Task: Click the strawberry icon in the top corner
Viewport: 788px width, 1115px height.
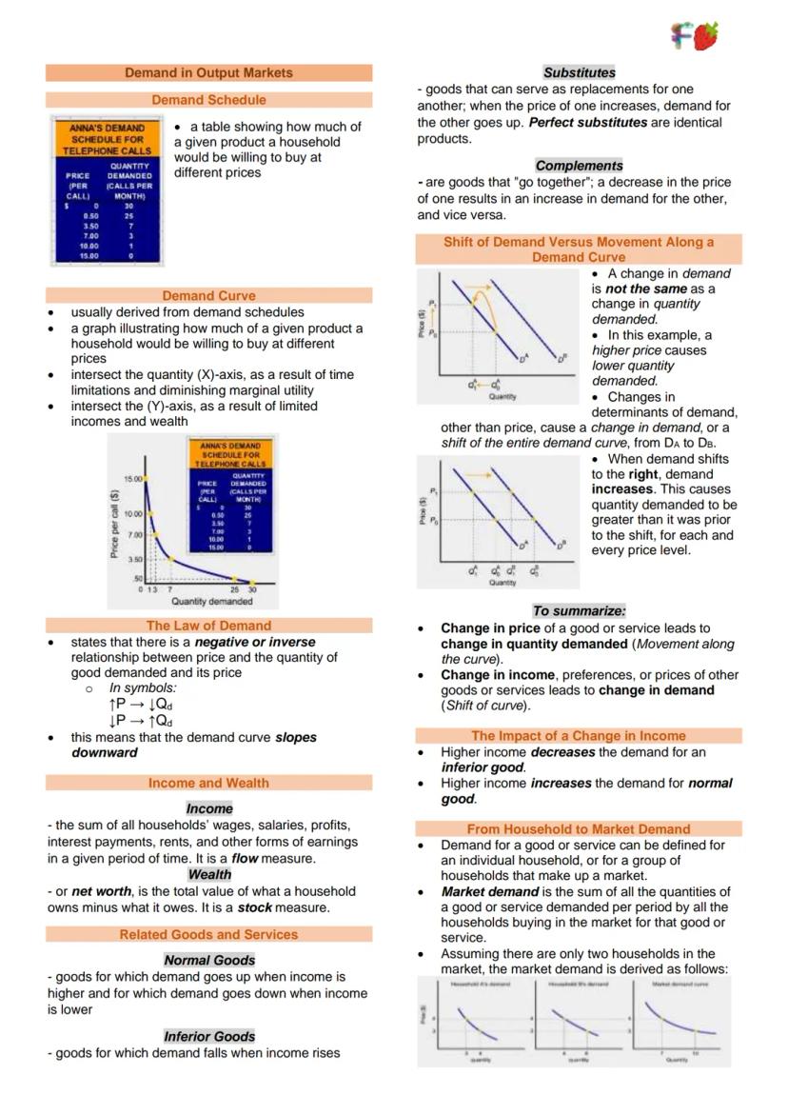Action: (705, 35)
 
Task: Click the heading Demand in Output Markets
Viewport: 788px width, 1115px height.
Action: (208, 72)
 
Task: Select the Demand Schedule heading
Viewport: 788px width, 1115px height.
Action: (208, 100)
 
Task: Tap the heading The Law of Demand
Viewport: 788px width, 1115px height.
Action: (208, 626)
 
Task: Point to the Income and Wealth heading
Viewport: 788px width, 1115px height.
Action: (208, 783)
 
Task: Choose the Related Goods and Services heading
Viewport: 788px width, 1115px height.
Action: (208, 934)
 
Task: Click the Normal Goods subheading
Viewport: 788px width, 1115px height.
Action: (209, 960)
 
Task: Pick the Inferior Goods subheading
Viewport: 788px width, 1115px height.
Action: (209, 1036)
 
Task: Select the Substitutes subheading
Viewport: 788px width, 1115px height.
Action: (579, 72)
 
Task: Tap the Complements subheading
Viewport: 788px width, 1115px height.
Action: (579, 166)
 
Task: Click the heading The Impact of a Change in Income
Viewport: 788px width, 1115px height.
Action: (579, 736)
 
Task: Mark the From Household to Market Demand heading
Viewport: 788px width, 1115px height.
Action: (579, 829)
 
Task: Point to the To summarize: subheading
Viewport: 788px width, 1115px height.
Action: (579, 610)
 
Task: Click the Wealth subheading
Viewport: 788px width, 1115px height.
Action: (209, 874)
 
